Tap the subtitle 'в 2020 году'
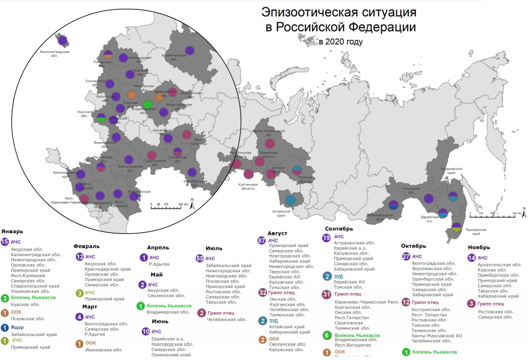341,42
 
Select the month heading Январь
13,231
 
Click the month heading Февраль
86,246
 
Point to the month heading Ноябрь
479,247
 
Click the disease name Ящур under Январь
18,327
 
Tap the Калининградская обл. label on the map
55,54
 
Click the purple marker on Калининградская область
62,40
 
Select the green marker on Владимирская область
148,104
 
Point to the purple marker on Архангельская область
190,50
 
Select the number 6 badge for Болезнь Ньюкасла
327,335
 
